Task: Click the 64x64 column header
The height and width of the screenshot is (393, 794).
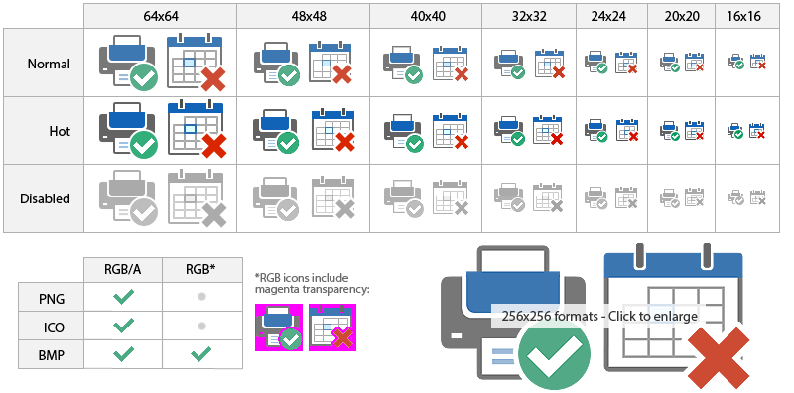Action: click(160, 16)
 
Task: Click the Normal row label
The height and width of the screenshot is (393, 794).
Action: click(49, 64)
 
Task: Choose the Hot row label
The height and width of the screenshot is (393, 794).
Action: click(60, 131)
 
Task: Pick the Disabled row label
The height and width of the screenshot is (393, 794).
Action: click(46, 198)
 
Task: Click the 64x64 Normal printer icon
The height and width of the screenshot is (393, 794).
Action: click(127, 64)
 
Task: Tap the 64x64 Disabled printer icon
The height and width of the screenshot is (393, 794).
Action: click(127, 198)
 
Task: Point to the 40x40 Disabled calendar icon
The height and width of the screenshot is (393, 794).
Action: click(453, 198)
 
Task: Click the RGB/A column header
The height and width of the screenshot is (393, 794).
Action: click(123, 269)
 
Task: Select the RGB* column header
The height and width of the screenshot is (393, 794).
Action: click(201, 269)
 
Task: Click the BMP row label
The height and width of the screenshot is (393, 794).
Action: click(51, 352)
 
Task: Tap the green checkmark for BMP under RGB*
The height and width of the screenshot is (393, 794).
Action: click(201, 352)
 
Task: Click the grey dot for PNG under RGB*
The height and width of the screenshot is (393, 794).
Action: click(201, 297)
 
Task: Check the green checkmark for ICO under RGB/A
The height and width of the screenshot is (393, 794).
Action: click(123, 325)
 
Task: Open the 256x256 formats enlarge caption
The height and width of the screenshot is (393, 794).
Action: click(599, 317)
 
